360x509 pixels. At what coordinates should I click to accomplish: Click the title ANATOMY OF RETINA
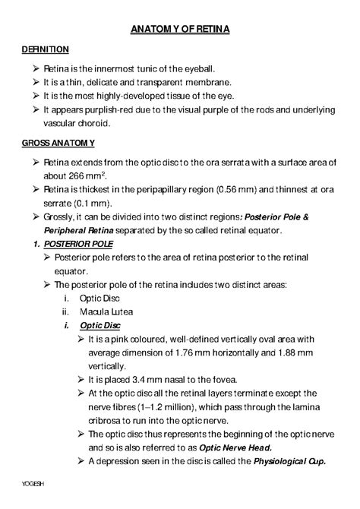(180, 29)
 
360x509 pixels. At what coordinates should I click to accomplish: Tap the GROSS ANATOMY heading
(58, 143)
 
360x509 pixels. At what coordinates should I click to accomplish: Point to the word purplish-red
(110, 110)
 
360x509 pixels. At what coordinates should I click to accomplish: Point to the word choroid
(87, 123)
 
